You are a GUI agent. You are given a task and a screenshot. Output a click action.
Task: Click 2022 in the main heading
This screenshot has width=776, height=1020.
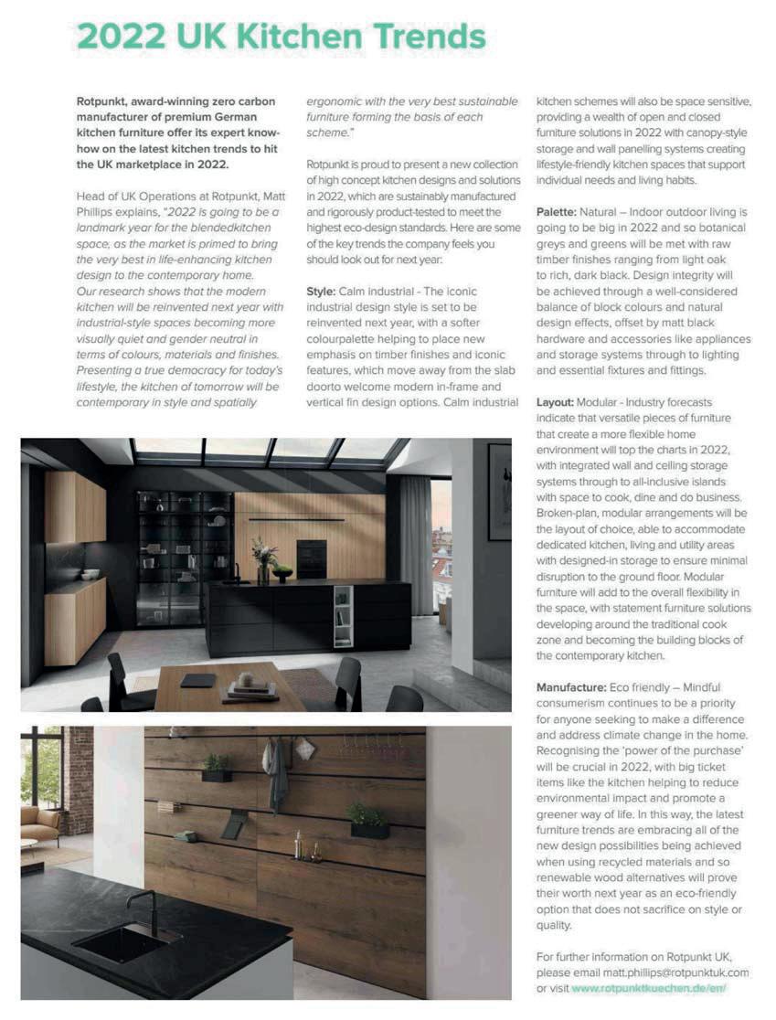tap(122, 37)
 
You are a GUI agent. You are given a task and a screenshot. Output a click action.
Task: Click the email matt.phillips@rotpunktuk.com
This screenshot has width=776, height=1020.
tap(669, 972)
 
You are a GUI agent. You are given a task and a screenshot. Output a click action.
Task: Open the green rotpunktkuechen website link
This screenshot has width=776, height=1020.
tap(649, 988)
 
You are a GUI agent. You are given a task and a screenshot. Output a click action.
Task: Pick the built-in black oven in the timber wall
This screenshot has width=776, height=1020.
tap(311, 558)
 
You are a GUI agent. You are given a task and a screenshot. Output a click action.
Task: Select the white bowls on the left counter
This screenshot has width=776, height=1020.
tap(90, 574)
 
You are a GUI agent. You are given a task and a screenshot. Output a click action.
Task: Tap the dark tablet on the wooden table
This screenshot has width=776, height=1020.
tap(197, 679)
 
